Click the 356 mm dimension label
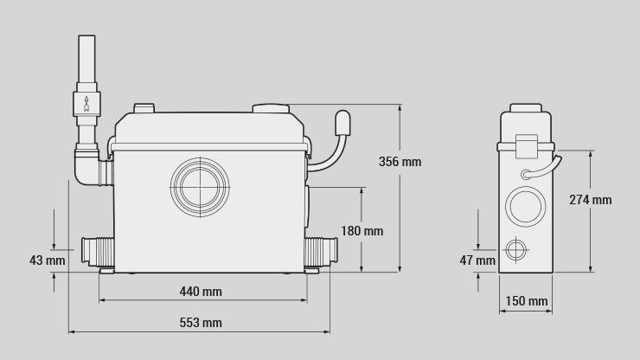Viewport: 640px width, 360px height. (400, 161)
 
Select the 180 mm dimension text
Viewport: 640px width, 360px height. (362, 231)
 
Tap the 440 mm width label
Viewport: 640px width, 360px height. (201, 292)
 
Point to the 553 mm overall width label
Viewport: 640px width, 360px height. (201, 323)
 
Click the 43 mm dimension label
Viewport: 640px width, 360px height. (48, 260)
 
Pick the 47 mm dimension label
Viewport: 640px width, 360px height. (477, 260)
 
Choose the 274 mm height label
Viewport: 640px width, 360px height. (590, 200)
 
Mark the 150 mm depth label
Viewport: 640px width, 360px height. (526, 301)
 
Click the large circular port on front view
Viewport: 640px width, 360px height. (201, 185)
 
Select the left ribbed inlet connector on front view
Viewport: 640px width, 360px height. (98, 251)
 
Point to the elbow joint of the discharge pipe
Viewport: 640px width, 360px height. (86, 166)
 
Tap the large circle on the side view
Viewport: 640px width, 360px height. (525, 207)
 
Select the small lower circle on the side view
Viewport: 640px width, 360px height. (516, 251)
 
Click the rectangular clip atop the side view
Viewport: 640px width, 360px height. (526, 145)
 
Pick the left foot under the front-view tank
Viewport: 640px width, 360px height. (107, 271)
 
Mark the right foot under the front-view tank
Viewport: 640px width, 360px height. (311, 271)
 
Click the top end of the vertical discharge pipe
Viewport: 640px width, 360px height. (86, 39)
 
